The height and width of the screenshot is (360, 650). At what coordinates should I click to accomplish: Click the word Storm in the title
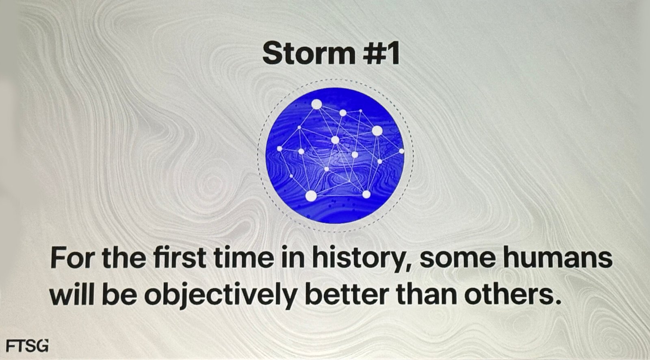point(309,53)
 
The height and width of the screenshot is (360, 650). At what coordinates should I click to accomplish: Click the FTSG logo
point(27,345)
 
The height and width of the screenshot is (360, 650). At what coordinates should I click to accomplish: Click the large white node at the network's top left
point(316,104)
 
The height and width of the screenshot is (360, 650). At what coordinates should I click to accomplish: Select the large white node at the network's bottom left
point(311,196)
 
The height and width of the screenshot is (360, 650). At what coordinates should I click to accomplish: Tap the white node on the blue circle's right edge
point(401,151)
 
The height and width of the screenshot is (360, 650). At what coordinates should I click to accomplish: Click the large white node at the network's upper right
point(377,131)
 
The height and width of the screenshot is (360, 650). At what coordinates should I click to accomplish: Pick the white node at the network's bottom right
point(366,194)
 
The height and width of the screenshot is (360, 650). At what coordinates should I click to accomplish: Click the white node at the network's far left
point(279,149)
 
